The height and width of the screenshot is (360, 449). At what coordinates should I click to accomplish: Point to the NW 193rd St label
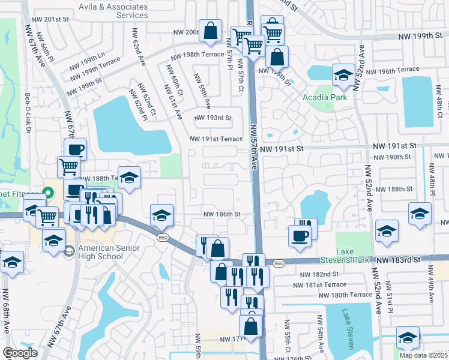click(x=212, y=118)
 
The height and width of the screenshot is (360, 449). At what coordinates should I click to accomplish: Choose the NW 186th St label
click(x=221, y=214)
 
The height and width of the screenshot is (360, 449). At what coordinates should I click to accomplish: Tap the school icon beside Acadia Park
click(x=343, y=75)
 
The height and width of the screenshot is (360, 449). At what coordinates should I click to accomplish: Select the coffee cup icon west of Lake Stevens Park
click(x=300, y=235)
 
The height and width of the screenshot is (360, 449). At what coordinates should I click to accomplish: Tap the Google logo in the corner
click(x=20, y=353)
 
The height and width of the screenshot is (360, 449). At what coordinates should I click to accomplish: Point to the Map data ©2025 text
click(x=423, y=355)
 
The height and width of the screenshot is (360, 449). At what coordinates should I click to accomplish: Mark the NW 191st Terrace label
click(x=216, y=139)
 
